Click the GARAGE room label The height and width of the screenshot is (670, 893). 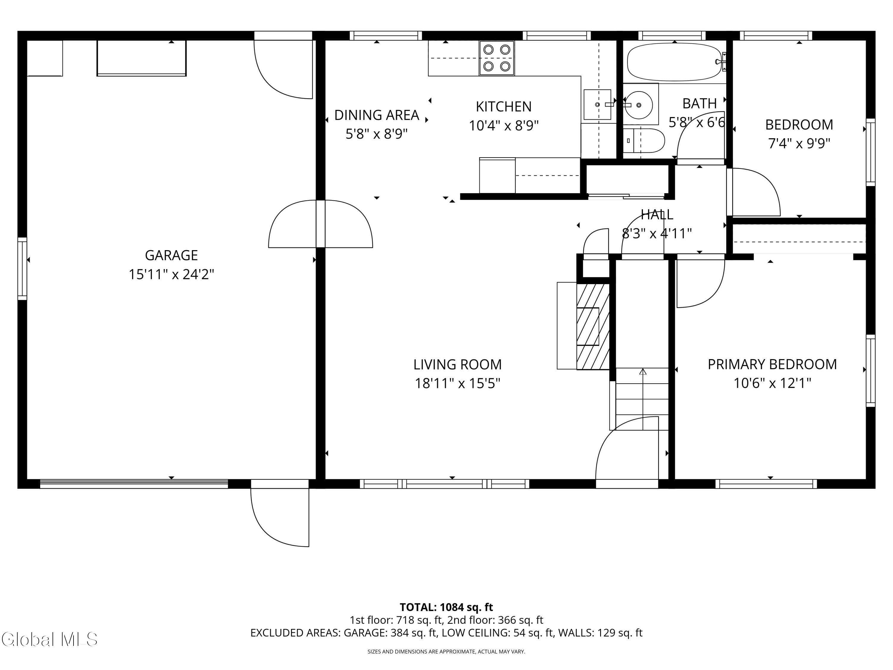point(171,255)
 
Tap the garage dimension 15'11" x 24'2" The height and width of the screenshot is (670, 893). point(171,275)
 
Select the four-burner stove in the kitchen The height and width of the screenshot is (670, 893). point(497,58)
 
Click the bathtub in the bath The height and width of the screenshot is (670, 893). point(674,62)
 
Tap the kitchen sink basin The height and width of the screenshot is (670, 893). point(597,105)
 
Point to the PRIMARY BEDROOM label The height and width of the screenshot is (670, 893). point(772,364)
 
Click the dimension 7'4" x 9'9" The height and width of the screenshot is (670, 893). point(799,143)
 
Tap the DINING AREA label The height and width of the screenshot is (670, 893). point(377,115)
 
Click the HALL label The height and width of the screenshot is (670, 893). point(657,214)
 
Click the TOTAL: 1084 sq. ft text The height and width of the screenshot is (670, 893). point(446,607)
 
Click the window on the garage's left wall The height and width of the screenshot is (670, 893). point(22,269)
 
